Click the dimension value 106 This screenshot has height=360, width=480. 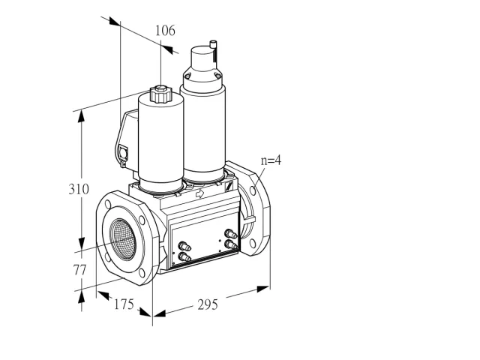165,31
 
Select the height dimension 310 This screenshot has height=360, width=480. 79,189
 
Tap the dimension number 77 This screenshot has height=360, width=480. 79,270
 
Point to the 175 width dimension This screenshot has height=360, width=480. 124,304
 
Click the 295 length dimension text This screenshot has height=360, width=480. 208,304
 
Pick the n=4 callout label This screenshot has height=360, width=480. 271,160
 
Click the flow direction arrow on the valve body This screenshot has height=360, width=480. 200,193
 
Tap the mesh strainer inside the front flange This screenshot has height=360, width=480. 123,239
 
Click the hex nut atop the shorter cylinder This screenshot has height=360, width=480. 161,94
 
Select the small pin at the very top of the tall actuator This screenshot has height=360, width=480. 213,44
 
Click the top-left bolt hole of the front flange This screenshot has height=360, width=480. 108,204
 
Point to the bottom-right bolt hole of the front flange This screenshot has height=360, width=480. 142,273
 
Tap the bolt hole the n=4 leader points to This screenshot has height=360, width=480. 253,190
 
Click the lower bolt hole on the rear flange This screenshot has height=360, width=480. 252,244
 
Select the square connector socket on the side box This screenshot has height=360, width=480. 123,151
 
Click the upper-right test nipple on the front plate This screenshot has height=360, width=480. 231,235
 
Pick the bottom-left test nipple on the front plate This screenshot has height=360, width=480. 184,257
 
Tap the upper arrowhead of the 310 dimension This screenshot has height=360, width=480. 81,117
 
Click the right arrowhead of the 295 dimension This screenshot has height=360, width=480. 263,289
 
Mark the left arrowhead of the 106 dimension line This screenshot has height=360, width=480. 115,21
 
